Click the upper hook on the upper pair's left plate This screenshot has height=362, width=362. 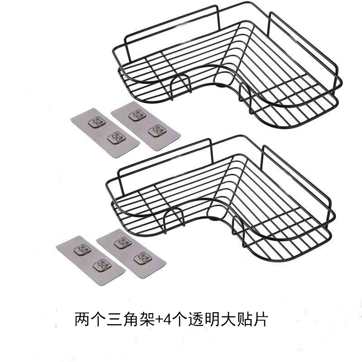point(96,121)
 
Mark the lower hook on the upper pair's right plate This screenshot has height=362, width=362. point(156,130)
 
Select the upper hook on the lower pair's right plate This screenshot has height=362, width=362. point(122,242)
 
